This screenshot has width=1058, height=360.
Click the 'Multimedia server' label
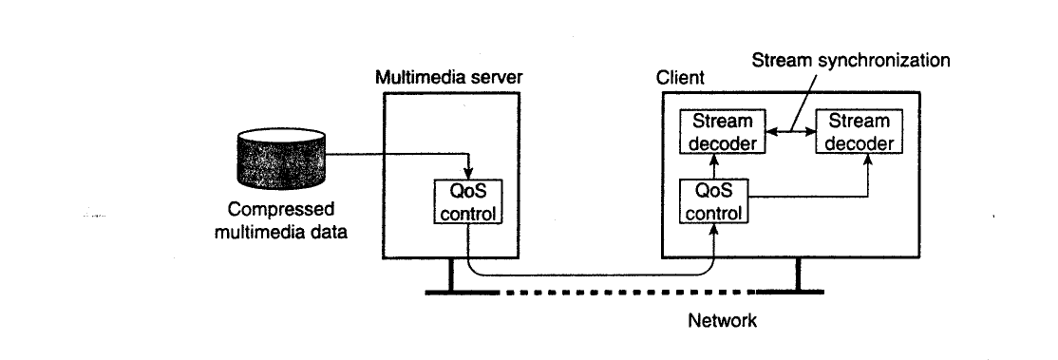click(448, 77)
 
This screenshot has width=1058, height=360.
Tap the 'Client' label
click(680, 78)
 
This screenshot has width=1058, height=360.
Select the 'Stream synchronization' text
click(851, 61)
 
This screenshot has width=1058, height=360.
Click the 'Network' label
click(722, 319)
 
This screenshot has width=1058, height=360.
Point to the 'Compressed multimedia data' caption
click(281, 221)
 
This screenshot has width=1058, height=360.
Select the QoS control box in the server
click(467, 202)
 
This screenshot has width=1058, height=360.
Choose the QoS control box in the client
click(713, 202)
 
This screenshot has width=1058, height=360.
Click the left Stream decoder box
click(721, 132)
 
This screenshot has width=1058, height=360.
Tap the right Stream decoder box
click(859, 132)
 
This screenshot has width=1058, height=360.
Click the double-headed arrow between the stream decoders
click(790, 132)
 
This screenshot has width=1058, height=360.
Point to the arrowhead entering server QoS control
click(468, 175)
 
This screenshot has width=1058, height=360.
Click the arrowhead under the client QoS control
click(714, 230)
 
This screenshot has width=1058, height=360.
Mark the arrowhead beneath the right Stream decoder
click(868, 160)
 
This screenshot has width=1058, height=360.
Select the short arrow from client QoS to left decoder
click(714, 167)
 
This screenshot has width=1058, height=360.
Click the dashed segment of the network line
click(628, 293)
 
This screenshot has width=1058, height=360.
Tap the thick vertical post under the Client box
click(798, 275)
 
